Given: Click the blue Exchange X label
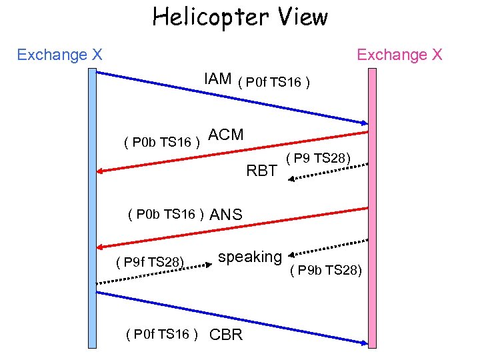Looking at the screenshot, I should click(x=59, y=55).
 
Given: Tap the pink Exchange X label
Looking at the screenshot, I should click(x=399, y=55).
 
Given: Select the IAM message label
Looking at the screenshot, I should click(x=217, y=79).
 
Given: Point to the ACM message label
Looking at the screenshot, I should click(x=226, y=135).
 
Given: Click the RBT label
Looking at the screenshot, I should click(x=261, y=171).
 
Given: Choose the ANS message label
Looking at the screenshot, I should click(x=226, y=215).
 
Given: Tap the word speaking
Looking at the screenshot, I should click(x=250, y=257).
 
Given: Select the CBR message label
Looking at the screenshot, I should click(x=226, y=334).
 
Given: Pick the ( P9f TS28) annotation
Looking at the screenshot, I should click(x=150, y=262).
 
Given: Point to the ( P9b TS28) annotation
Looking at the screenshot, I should click(x=327, y=269).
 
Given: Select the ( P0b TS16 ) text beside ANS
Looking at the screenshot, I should click(x=165, y=214).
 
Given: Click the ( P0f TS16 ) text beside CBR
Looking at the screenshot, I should click(x=163, y=334).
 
